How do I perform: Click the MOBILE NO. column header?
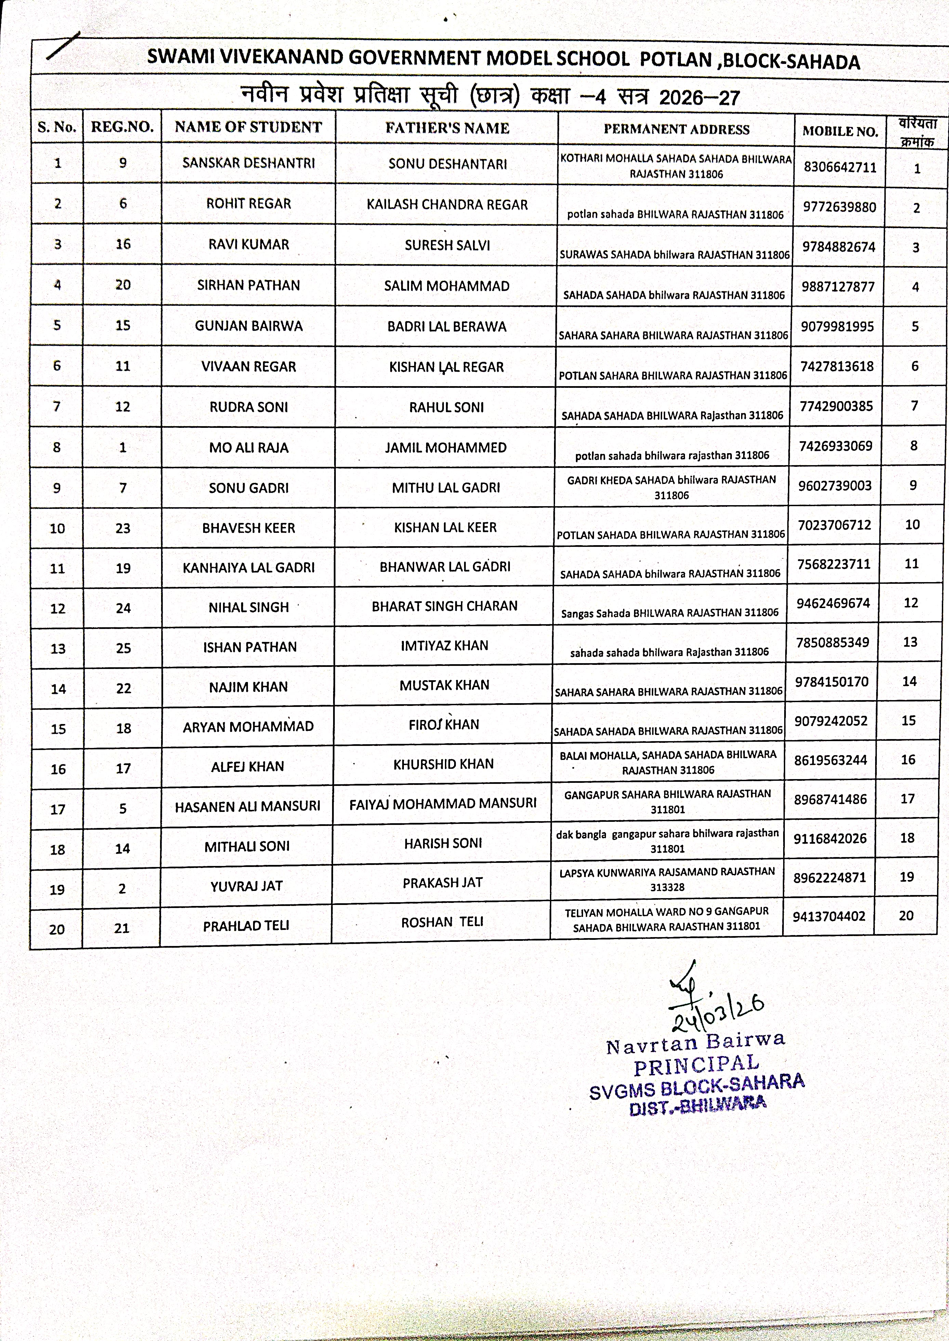(840, 131)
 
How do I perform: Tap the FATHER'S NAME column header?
(447, 128)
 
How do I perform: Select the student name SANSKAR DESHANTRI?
(248, 163)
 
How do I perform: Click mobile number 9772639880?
(839, 207)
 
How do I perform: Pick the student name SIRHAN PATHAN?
(248, 285)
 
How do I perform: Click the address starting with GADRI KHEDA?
(671, 487)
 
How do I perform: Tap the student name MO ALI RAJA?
(248, 448)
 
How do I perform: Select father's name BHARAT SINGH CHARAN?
(445, 606)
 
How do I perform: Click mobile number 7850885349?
(832, 643)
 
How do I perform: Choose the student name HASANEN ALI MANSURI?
(247, 806)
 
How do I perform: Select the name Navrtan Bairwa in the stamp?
(695, 1043)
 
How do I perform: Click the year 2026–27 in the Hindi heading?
(699, 97)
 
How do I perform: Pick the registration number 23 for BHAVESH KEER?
(123, 528)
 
